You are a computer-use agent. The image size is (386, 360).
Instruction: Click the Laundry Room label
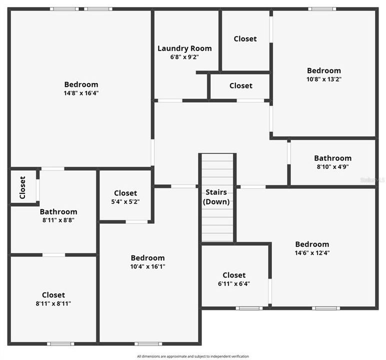click(x=184, y=48)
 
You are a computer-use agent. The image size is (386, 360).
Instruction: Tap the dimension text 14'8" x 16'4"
click(x=81, y=93)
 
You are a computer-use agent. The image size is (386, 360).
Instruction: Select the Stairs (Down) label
click(x=216, y=197)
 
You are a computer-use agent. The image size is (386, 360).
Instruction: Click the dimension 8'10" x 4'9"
click(x=332, y=167)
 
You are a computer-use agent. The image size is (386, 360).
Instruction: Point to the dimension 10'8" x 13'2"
click(x=324, y=79)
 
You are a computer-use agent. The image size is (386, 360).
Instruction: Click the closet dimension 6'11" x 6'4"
click(x=234, y=283)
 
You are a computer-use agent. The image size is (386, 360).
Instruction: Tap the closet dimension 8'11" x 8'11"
click(x=53, y=303)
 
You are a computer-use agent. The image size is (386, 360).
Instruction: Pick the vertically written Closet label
click(x=22, y=187)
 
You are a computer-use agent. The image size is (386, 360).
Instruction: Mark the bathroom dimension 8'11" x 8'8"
click(x=58, y=220)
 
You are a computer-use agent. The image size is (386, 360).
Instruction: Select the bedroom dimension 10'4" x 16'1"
click(x=147, y=266)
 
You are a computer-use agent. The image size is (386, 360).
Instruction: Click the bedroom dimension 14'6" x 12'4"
click(x=312, y=252)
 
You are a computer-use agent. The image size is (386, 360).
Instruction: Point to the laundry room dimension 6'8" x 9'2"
click(x=184, y=57)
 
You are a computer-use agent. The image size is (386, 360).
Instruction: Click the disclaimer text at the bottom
click(x=193, y=356)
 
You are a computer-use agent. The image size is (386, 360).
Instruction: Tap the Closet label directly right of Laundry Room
click(x=245, y=38)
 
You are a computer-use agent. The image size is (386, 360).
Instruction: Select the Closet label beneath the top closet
click(x=240, y=86)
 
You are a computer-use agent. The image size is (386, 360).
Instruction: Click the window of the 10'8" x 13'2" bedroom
click(x=322, y=9)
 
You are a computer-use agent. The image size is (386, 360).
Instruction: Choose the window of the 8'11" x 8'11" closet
click(x=60, y=343)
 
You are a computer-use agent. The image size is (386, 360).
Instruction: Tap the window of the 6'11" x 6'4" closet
click(x=249, y=308)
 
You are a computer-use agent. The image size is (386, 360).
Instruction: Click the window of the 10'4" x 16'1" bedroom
click(x=148, y=343)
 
